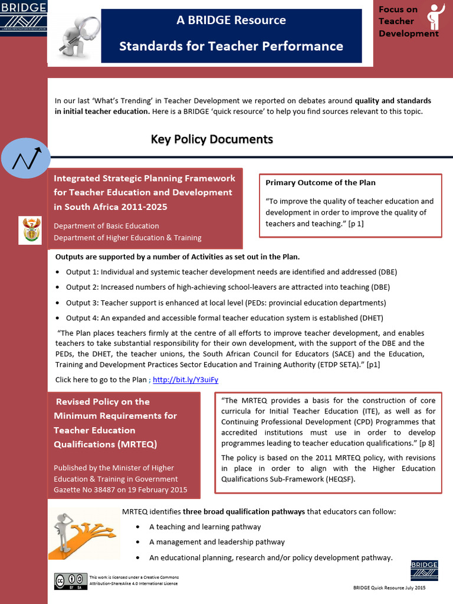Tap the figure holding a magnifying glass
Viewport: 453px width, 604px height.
[x=77, y=37]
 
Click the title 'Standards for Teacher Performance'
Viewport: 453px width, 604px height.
[x=231, y=46]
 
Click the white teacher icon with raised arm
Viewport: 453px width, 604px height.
[x=436, y=16]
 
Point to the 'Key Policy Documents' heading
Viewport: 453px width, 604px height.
[x=212, y=139]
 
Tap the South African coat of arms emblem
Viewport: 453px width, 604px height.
[x=30, y=230]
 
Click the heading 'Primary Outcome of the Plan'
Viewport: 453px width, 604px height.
[x=320, y=183]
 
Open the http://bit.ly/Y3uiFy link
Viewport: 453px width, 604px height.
[x=185, y=380]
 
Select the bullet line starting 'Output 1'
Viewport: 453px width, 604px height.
[x=231, y=272]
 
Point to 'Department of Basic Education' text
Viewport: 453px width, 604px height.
[x=106, y=226]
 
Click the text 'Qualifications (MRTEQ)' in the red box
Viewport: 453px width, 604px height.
[x=106, y=444]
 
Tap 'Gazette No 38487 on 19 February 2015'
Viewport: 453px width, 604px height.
[x=120, y=490]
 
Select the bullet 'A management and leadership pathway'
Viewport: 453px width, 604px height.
[x=216, y=542]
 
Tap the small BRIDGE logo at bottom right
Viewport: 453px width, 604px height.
[x=424, y=570]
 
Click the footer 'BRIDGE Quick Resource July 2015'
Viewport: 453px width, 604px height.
[x=389, y=588]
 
